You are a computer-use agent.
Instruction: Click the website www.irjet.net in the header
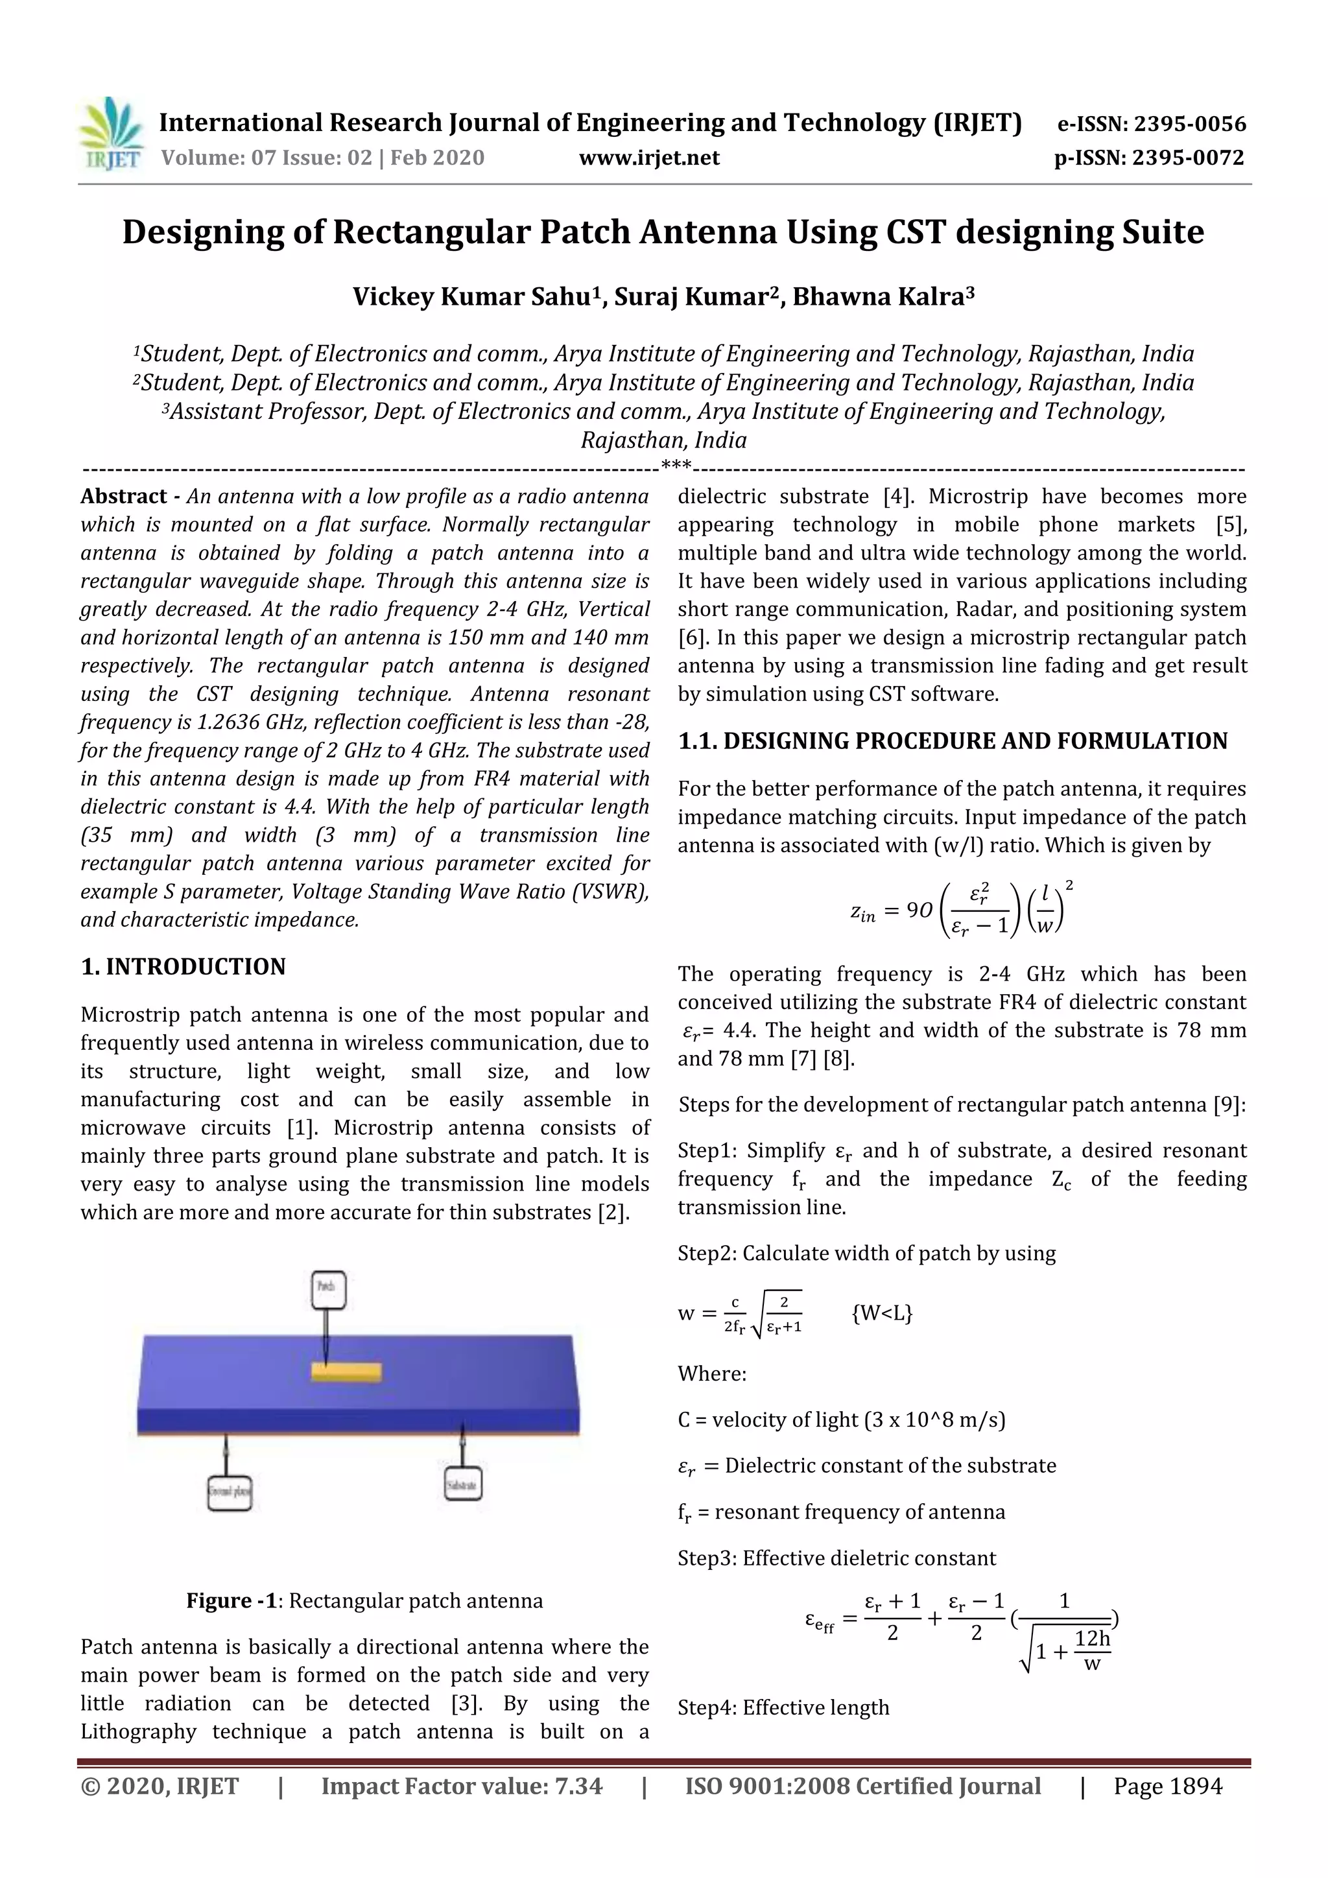pos(649,158)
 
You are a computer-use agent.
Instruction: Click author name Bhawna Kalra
pos(879,296)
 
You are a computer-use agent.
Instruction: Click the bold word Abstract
pos(123,497)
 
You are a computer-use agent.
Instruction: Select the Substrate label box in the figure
pos(462,1484)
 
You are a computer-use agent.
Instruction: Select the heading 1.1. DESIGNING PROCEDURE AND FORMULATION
pos(953,741)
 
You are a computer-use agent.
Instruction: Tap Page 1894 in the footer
pos(1167,1787)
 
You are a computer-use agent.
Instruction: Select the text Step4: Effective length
pos(783,1708)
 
